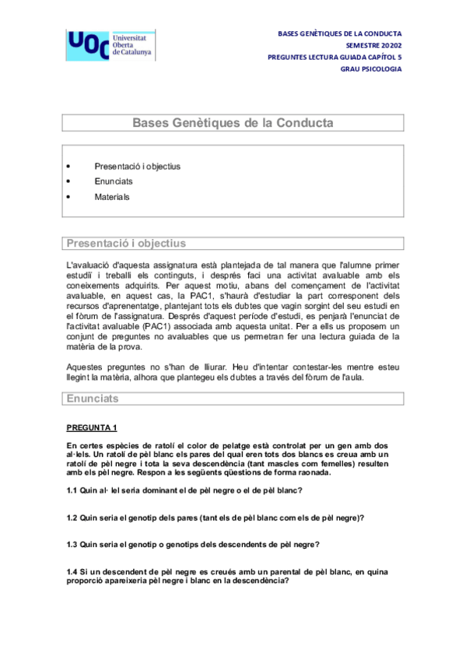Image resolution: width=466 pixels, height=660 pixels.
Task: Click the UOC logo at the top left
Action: [x=109, y=46]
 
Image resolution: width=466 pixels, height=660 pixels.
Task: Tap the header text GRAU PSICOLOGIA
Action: [x=371, y=69]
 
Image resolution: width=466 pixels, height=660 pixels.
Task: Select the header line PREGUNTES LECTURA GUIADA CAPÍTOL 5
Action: [x=335, y=58]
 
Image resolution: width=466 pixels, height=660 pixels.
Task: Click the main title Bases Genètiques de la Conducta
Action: [x=233, y=123]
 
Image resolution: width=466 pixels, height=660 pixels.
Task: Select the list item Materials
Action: [x=112, y=197]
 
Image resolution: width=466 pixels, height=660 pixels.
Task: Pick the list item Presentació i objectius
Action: [x=137, y=166]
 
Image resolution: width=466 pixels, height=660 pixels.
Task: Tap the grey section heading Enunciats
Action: [x=93, y=398]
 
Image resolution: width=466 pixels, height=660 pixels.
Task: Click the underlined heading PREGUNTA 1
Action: [x=92, y=427]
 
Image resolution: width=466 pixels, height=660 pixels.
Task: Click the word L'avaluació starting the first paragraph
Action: [x=89, y=265]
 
